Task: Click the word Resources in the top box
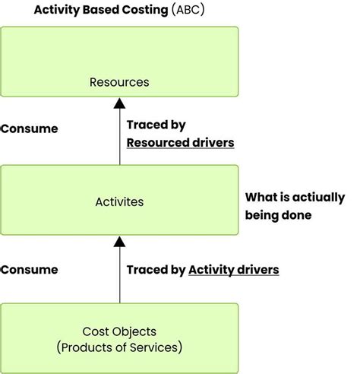(119, 82)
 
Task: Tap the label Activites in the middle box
(119, 202)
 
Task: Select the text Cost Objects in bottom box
(119, 332)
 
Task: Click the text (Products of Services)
(119, 347)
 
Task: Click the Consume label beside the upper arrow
(29, 128)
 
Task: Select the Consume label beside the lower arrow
(29, 269)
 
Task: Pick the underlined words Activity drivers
(234, 269)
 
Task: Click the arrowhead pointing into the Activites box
(119, 242)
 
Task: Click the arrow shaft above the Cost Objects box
(119, 277)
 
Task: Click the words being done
(278, 215)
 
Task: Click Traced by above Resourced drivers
(156, 125)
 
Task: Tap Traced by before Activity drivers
(156, 269)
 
